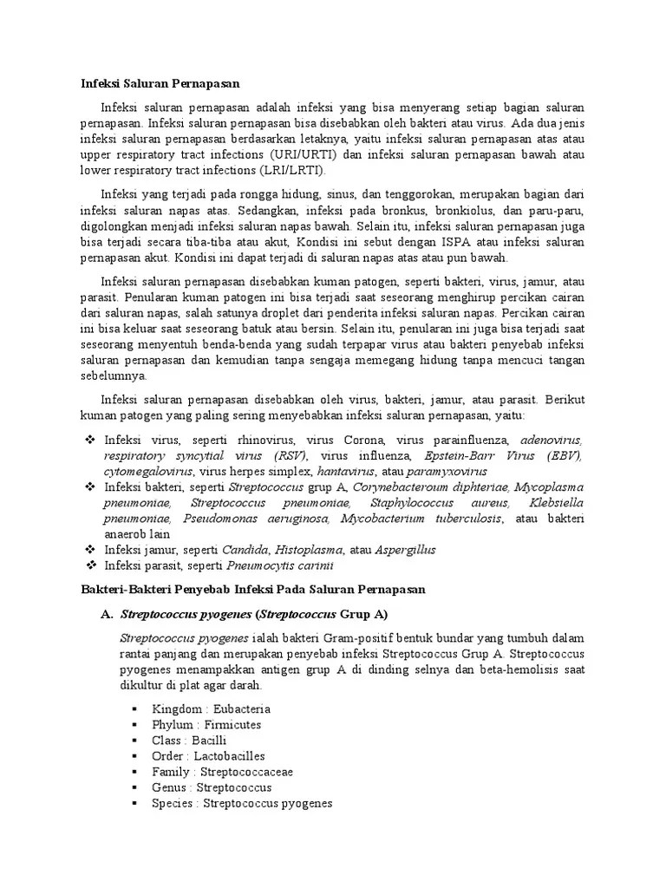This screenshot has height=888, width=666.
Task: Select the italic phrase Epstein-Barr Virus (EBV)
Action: (503, 456)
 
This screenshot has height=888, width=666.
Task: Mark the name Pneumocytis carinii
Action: (267, 565)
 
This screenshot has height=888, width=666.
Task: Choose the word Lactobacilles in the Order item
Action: (229, 756)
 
